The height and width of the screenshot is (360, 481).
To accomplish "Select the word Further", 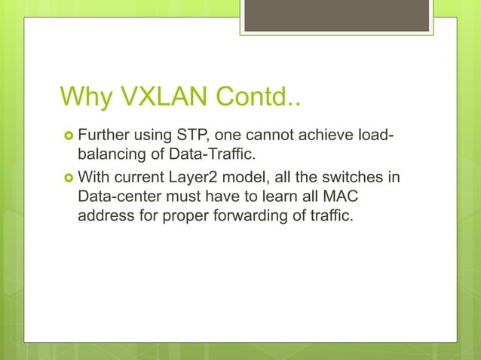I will coord(104,136).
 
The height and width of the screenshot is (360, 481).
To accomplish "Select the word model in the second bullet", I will coord(248,178).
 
